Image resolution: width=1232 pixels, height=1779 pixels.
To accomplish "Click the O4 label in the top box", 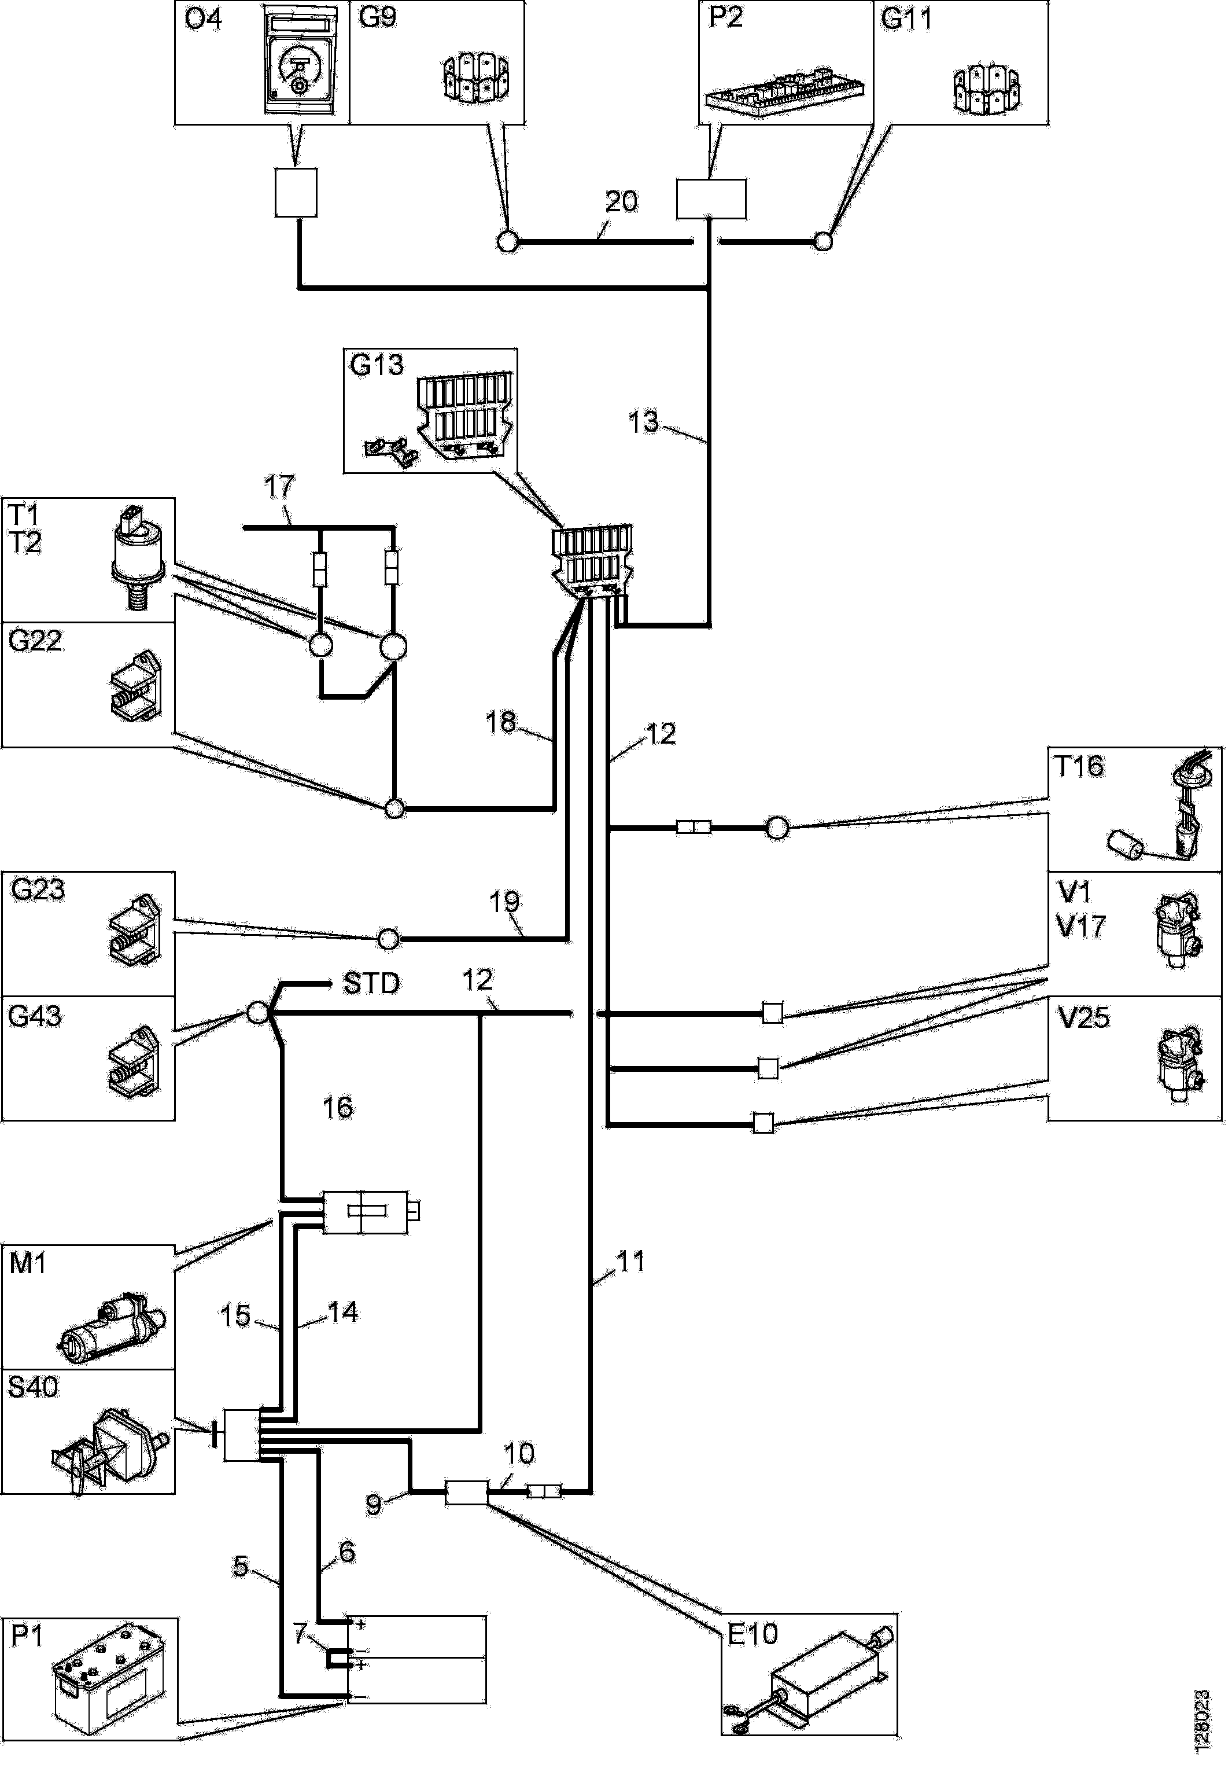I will coord(203,19).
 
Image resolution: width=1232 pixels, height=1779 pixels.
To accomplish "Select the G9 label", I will coord(378,17).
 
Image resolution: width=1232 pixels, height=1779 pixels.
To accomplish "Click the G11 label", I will coord(906,19).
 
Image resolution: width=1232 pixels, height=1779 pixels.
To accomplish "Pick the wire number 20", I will coord(621,201).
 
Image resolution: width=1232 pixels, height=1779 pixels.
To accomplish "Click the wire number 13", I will coord(644,421).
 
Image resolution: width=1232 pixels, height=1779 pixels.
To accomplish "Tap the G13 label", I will coord(377,365).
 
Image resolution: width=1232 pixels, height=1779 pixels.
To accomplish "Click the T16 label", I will coord(1079,767).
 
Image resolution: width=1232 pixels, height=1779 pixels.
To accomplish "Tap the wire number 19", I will coord(505,901).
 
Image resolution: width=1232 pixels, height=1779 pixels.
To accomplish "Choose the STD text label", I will coord(371,984).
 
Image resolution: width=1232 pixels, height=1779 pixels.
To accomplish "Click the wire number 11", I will coord(630,1262).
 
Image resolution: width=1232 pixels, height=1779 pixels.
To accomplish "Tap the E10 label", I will coord(753,1635).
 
